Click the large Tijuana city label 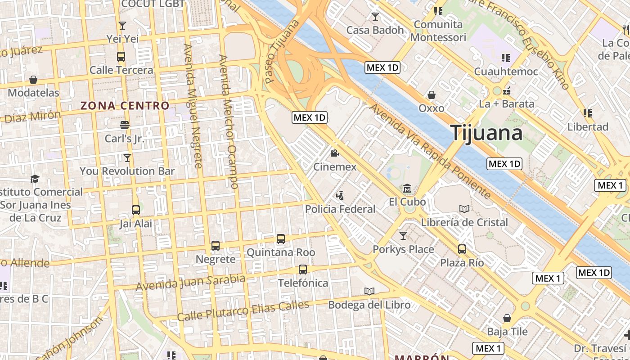click(486, 133)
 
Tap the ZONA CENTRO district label click(125, 106)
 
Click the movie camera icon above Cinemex click(334, 153)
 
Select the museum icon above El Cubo click(407, 188)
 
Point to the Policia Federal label click(340, 209)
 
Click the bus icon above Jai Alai click(135, 210)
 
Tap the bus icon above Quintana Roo click(281, 239)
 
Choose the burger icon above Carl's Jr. click(125, 125)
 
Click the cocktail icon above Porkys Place click(403, 235)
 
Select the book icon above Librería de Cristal click(464, 209)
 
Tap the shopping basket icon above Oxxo click(432, 95)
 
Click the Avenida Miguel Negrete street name click(193, 106)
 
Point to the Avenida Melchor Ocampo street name click(228, 121)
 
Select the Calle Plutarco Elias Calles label click(243, 310)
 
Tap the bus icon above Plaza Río click(462, 249)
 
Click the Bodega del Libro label click(369, 305)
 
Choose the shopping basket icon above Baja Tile click(507, 318)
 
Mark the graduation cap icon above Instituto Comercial click(35, 179)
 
